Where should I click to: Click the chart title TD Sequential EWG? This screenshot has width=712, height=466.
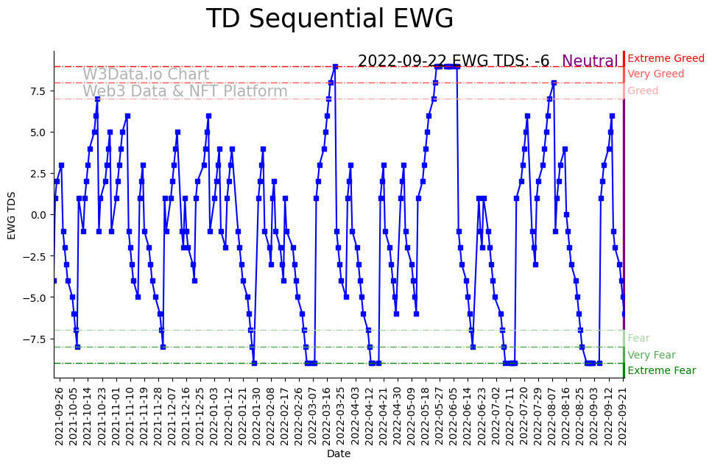[329, 19]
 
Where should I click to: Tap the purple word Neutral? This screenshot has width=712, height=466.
[590, 61]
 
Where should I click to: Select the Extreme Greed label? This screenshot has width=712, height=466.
[666, 58]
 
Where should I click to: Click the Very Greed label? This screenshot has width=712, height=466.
[655, 74]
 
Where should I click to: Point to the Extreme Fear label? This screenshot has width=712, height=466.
[661, 370]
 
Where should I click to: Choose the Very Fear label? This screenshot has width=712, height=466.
[651, 355]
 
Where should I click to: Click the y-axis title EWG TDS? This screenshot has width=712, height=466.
[12, 214]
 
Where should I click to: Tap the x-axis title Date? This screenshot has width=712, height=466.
[339, 454]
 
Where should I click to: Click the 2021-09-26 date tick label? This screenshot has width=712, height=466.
[60, 416]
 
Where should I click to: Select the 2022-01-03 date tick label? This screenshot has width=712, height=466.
[214, 416]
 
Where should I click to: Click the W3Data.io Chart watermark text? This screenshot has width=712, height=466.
[146, 74]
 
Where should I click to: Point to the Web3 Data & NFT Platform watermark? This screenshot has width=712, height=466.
[185, 91]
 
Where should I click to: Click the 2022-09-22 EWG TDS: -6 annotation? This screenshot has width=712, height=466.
[454, 61]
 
